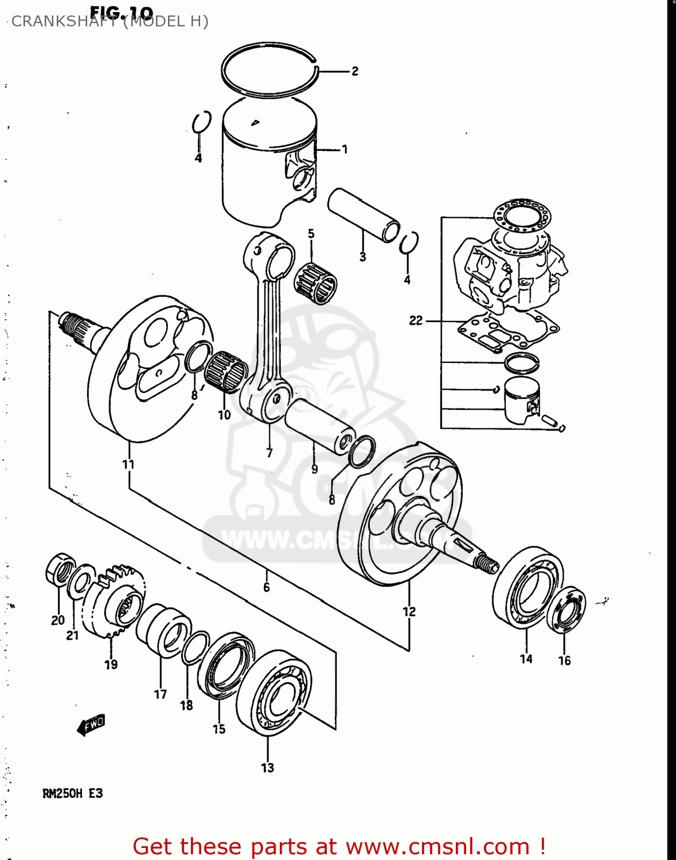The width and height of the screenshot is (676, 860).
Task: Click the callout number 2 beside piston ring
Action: tap(355, 71)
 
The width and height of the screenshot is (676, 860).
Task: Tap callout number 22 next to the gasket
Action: tap(416, 320)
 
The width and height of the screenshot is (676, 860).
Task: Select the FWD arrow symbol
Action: tap(91, 725)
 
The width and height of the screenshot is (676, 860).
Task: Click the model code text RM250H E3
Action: tap(73, 793)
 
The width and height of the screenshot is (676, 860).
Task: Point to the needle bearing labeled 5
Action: tap(315, 282)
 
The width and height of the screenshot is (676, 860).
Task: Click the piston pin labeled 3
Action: tap(364, 218)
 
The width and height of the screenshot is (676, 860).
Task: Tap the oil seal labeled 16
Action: tap(566, 610)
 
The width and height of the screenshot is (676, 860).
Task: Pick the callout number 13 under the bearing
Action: tap(268, 768)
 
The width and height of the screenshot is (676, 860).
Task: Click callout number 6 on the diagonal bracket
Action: tap(267, 587)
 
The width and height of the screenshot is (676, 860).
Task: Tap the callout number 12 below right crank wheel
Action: tap(409, 612)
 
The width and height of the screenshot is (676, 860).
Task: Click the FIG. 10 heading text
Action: tap(122, 12)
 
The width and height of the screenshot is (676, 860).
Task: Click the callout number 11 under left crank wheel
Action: tap(128, 464)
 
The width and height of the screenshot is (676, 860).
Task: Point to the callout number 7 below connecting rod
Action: tap(269, 453)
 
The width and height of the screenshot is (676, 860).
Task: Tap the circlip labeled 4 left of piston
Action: tap(200, 122)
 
